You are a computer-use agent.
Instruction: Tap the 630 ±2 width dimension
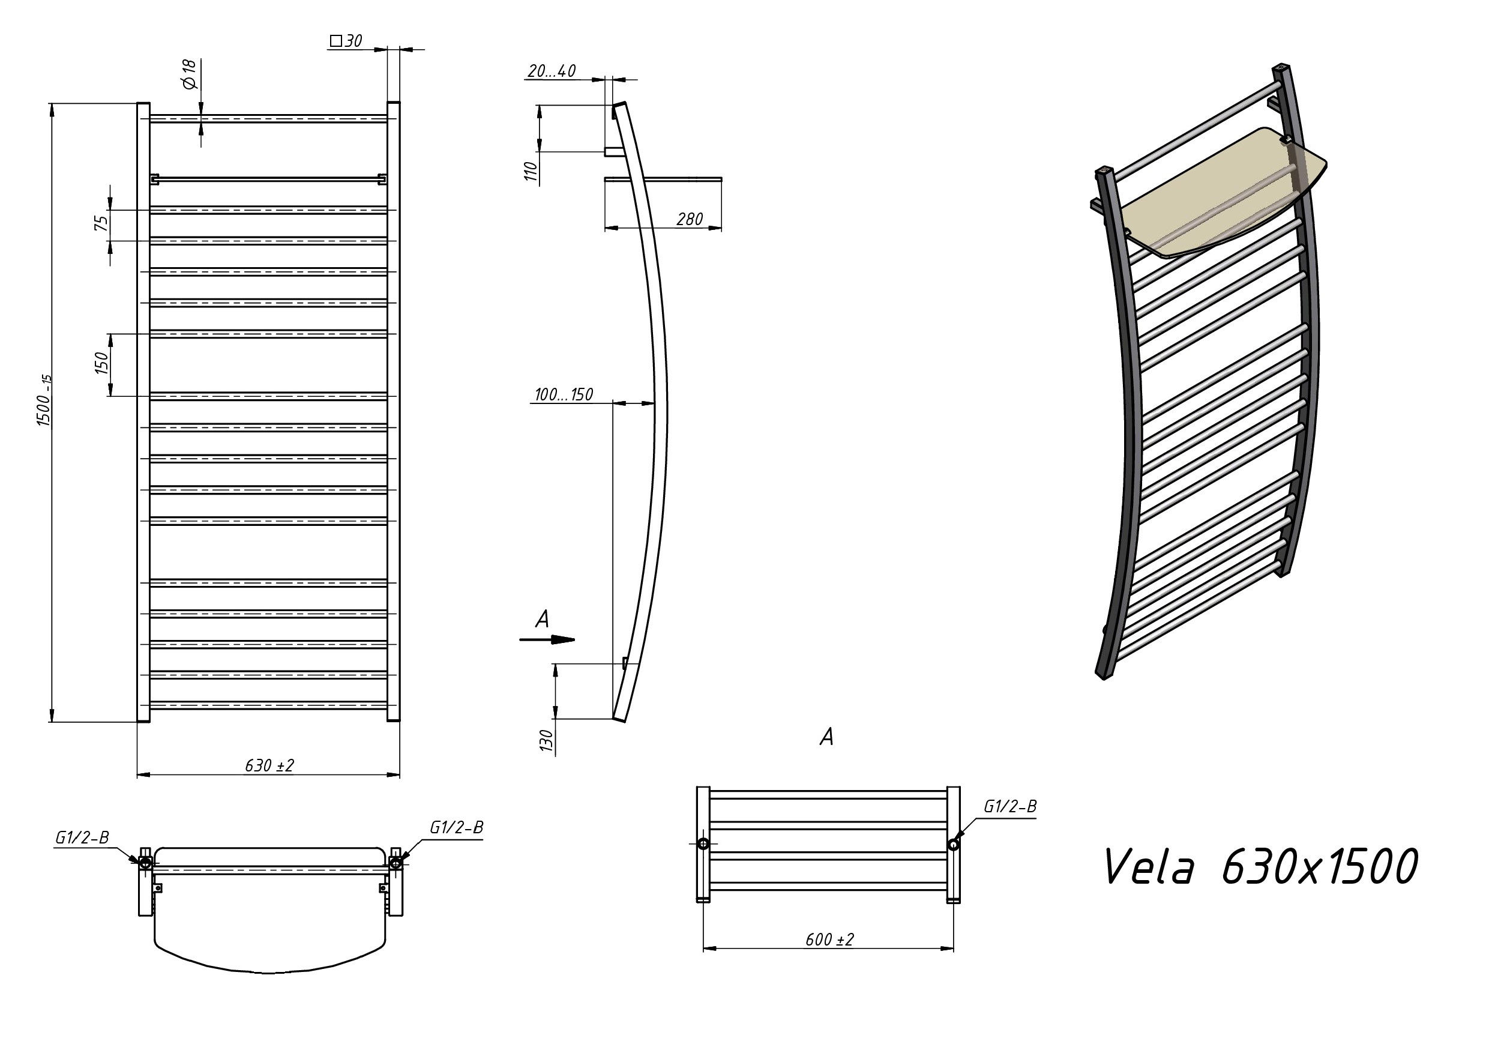(x=269, y=765)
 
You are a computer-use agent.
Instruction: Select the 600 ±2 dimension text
(x=829, y=940)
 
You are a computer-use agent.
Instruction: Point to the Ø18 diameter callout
(x=188, y=74)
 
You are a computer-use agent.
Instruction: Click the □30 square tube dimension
(x=346, y=41)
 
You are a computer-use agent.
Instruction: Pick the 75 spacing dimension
(x=102, y=223)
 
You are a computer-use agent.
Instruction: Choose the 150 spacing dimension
(x=102, y=363)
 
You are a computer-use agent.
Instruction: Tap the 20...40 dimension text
(x=551, y=71)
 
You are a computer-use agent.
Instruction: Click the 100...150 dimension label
(x=564, y=394)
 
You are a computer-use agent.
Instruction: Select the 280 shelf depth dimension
(x=690, y=219)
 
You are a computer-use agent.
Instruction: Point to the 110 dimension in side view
(x=531, y=171)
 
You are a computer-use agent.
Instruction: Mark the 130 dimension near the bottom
(x=546, y=740)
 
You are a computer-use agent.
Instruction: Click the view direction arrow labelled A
(x=547, y=641)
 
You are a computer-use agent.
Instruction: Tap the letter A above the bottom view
(x=826, y=737)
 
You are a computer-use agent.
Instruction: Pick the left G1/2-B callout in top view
(x=82, y=837)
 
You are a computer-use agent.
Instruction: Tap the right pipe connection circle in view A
(x=953, y=845)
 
